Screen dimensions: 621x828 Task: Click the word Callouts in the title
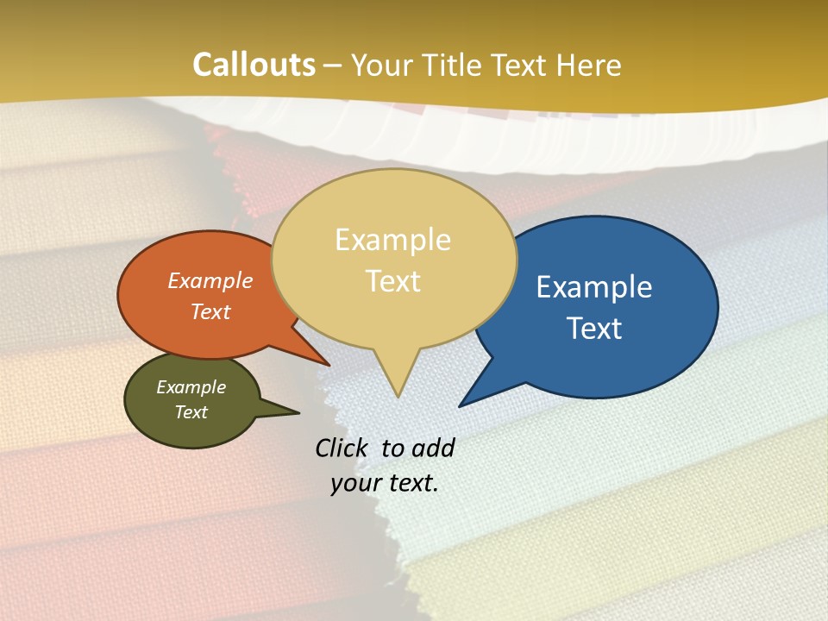point(254,66)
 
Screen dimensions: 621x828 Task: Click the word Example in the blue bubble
point(594,287)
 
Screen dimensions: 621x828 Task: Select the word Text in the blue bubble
point(594,329)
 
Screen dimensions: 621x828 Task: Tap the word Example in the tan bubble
point(392,240)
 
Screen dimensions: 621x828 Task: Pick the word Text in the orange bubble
point(210,311)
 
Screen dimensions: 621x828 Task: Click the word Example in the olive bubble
point(191,387)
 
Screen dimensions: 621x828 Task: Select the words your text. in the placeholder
point(385,484)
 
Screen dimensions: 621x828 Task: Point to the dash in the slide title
point(334,66)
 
